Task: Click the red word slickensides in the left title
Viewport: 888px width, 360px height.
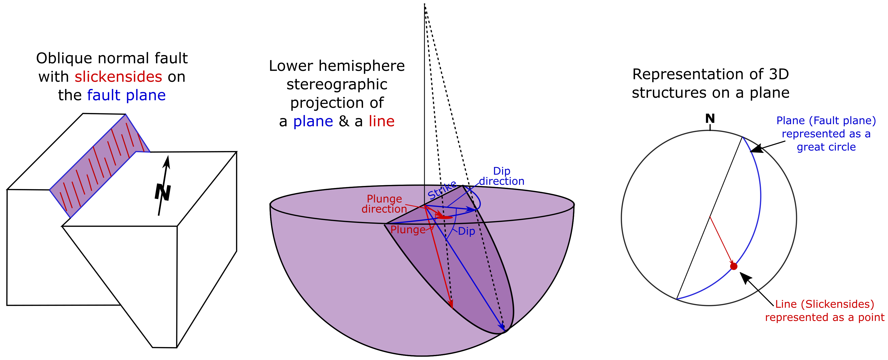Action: point(118,77)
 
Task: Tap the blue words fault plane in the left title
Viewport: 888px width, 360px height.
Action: point(126,95)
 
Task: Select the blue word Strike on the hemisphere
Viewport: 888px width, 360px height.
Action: point(442,190)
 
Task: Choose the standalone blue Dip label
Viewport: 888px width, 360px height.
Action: point(466,231)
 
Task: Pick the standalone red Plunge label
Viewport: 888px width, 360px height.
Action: point(408,230)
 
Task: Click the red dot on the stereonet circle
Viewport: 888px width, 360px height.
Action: point(734,266)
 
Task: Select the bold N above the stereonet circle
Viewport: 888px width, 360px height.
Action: point(710,119)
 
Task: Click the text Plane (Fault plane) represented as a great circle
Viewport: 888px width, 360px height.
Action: point(826,134)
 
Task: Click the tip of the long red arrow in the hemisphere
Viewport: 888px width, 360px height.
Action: point(452,307)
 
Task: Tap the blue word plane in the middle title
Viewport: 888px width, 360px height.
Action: point(313,121)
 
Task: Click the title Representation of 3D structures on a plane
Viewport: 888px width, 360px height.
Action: point(710,83)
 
